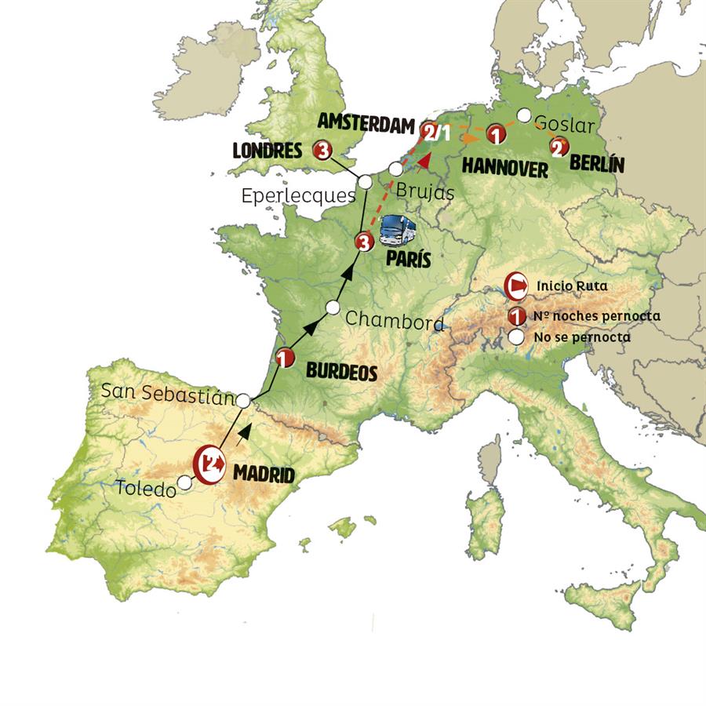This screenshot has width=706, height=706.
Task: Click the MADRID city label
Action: click(264, 474)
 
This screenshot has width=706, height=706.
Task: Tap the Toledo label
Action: click(145, 489)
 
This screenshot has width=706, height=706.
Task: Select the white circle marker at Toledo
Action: click(185, 482)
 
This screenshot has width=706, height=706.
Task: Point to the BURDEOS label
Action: click(340, 372)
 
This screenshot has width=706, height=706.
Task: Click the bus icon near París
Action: click(398, 231)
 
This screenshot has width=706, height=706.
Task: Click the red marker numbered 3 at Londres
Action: click(322, 150)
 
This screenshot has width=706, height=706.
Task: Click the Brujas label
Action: click(425, 190)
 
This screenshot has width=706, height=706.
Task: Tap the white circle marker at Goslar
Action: click(523, 115)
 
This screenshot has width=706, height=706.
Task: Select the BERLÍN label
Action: click(596, 165)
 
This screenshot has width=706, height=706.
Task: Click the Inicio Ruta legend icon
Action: click(517, 286)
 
